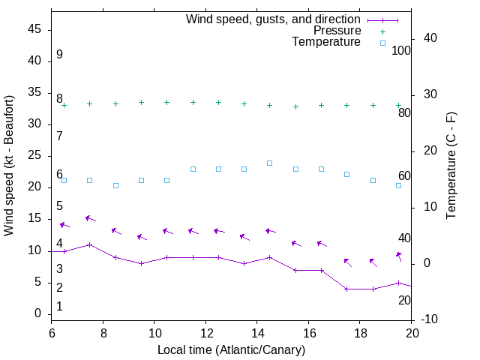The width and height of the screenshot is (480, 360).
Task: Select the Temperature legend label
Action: point(326,42)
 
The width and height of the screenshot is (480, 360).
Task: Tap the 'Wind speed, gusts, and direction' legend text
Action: point(274,19)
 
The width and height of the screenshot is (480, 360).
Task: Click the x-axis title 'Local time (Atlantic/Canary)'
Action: point(232,349)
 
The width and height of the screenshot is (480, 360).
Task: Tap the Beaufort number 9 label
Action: point(59,55)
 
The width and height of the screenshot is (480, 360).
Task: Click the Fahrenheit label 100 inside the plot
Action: point(401,50)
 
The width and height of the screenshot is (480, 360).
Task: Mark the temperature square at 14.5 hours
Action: point(269,163)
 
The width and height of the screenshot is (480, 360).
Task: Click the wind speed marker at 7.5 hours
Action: point(90,244)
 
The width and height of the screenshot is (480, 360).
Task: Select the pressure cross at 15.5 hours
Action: point(295,106)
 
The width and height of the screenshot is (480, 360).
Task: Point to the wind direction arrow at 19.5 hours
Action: point(399,256)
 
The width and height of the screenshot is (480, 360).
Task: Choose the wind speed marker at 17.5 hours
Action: point(346,289)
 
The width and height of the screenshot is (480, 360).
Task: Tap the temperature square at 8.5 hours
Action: point(115,185)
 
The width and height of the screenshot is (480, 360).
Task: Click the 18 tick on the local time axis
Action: point(360,333)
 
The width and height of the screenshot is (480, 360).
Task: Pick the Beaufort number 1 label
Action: point(59,307)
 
